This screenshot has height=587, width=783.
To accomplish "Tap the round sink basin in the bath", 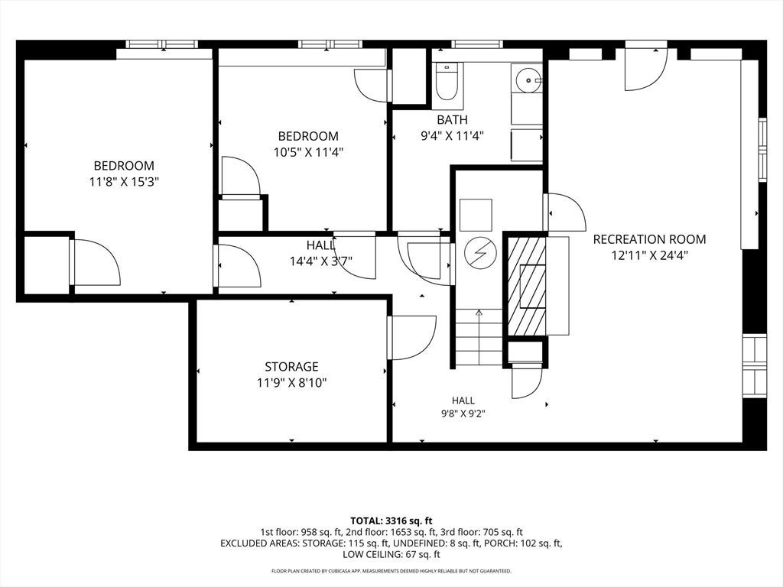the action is coord(528,80).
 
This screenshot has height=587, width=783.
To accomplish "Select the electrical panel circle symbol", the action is coord(480,253).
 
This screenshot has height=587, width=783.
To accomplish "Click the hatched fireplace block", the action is coord(526,287).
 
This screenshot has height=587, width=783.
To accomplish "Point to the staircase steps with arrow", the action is coord(479,337).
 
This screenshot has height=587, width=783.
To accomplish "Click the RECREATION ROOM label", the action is coord(649,239).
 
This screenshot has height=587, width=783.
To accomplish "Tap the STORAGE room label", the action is coord(291,367).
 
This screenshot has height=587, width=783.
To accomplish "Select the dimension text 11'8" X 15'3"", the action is coord(124,182).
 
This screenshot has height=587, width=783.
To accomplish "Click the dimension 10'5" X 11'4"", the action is coord(309,152).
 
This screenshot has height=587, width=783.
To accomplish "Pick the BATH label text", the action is coord(453,120).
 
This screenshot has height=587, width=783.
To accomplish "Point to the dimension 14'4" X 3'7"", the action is coord(321,261).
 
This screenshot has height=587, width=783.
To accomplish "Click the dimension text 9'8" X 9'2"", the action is coord(463,413).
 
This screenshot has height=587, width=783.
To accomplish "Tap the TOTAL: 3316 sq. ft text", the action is coord(391,521).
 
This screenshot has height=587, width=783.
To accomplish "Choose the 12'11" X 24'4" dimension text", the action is coord(650,255).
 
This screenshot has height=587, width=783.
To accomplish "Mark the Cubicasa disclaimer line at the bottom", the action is coord(391,570).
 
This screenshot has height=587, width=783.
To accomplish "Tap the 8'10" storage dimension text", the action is coord(311,384).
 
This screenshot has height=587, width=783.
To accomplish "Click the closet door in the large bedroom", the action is coord(96,263).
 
